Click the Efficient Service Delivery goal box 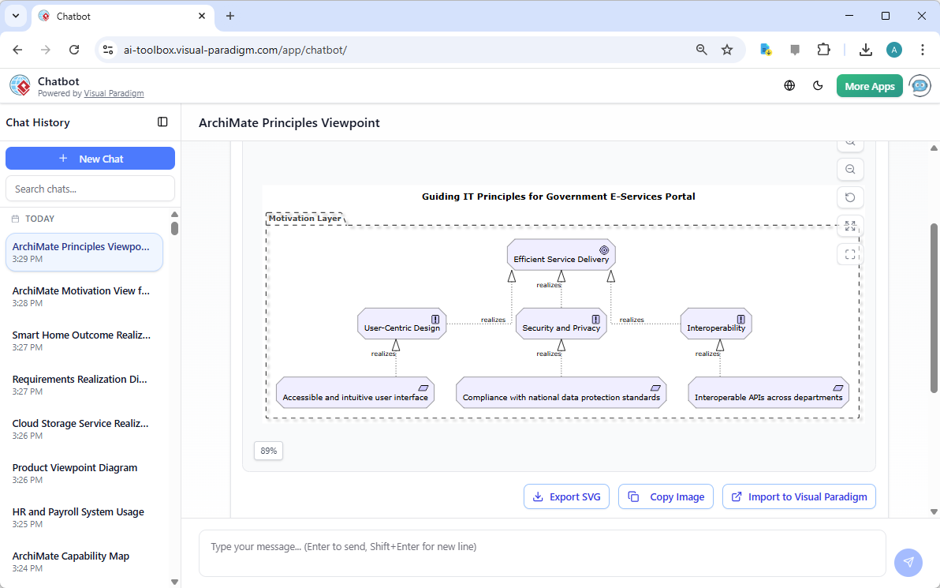click(561, 255)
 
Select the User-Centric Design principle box click(401, 324)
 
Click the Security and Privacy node click(561, 324)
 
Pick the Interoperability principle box click(716, 324)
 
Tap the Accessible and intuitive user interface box click(355, 392)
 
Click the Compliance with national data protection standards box click(561, 392)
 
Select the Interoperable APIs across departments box click(768, 392)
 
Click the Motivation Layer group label click(305, 219)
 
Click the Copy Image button click(666, 496)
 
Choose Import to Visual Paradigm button click(799, 496)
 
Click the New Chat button click(90, 159)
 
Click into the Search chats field click(90, 189)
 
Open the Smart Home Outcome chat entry click(81, 340)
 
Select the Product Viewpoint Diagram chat click(75, 473)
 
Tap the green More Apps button click(869, 86)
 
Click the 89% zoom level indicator click(269, 451)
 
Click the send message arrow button click(908, 562)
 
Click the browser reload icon click(74, 50)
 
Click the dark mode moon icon click(818, 86)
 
